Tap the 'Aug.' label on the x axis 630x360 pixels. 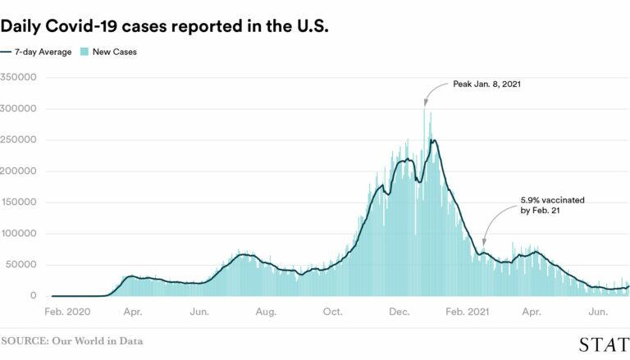tap(265, 312)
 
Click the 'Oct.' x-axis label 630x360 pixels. tap(332, 312)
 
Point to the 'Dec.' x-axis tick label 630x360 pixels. tap(399, 312)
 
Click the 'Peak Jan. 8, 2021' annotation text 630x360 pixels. tap(487, 84)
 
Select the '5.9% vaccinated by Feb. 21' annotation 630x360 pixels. tap(552, 205)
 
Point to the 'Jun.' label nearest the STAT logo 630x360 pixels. tap(599, 312)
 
